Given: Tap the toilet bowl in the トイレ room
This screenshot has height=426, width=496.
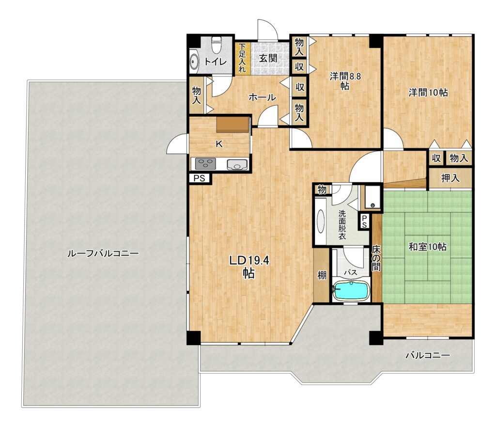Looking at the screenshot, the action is tap(217, 45).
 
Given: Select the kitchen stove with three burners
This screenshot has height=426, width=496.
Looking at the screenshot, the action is tap(205, 164).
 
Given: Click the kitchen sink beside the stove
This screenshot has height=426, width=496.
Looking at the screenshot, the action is tap(237, 164).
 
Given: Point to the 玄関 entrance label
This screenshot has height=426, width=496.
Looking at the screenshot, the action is tap(268, 58).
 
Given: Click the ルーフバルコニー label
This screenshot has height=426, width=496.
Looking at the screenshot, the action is tap(103, 253).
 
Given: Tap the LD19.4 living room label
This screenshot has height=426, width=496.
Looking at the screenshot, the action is tap(249, 267).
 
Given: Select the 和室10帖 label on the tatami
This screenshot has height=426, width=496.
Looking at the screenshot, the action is tap(427, 247).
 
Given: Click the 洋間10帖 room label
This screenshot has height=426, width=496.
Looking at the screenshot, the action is tap(428, 93).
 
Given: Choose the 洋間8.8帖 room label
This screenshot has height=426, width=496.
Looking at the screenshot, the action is tap(345, 81).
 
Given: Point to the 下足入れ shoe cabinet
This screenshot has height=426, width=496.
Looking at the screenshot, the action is tap(242, 58).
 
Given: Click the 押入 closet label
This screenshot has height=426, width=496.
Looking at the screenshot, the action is tap(450, 178).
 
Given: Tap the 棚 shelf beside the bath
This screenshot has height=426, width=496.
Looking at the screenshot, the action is tap(322, 275).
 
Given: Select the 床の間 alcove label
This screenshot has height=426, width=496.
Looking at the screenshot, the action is tap(376, 258).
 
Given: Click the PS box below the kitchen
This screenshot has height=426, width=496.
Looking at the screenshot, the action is tap(199, 178).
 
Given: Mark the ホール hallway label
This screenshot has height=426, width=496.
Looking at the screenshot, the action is tap(262, 97).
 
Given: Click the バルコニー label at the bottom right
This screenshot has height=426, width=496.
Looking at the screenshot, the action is tap(428, 355).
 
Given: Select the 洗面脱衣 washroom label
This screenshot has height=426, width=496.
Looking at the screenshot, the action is tap(342, 225).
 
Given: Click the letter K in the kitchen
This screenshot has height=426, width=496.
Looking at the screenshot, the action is tap(219, 144).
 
